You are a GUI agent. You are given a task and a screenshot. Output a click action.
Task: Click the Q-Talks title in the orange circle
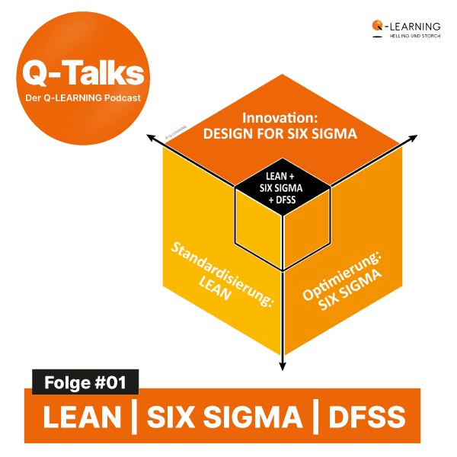click(82, 74)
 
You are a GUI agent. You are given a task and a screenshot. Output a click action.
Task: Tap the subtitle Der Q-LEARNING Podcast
click(82, 97)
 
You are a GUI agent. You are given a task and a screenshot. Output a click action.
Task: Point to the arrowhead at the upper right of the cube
click(414, 138)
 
